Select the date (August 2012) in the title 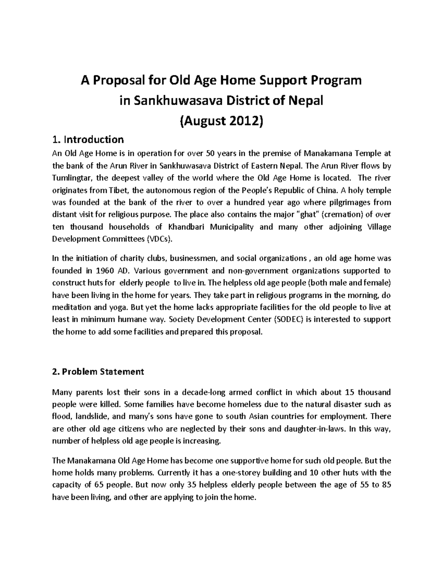point(221,120)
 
